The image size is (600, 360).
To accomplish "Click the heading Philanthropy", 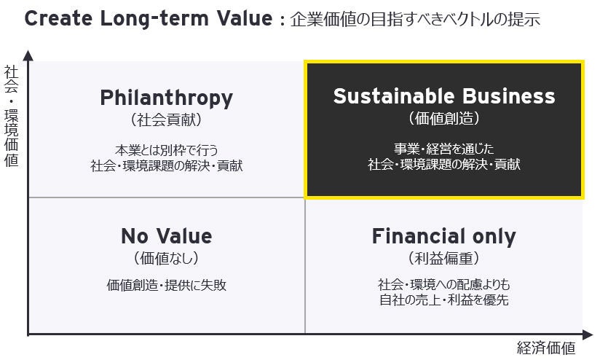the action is click(x=167, y=98).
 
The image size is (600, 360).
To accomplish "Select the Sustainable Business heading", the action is click(x=444, y=95).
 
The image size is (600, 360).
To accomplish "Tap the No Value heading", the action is click(x=167, y=236).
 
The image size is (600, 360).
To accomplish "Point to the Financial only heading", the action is click(x=444, y=237).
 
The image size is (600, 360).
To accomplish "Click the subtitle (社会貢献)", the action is click(x=167, y=120).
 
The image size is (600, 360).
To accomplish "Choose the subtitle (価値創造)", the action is click(x=444, y=118).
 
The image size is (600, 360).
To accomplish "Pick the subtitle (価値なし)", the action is click(x=167, y=258).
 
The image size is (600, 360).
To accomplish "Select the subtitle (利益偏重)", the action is click(x=444, y=258).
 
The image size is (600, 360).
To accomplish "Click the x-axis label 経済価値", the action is click(x=546, y=348).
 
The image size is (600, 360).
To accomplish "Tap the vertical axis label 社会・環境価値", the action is click(x=12, y=116).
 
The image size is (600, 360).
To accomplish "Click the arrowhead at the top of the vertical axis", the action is click(x=28, y=55).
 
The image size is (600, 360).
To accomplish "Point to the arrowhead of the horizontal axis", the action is click(x=588, y=334).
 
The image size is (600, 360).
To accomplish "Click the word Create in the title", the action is click(x=58, y=18).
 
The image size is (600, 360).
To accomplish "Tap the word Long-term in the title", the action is click(x=154, y=18).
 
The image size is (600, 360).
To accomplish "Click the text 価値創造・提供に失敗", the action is click(x=167, y=285).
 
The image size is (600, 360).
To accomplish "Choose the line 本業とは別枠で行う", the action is click(x=167, y=150).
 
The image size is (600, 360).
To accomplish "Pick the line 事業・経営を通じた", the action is click(x=444, y=149).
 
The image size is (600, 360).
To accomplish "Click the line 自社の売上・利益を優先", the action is click(x=444, y=300).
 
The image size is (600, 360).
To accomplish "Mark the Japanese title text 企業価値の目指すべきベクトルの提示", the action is click(x=415, y=19).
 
